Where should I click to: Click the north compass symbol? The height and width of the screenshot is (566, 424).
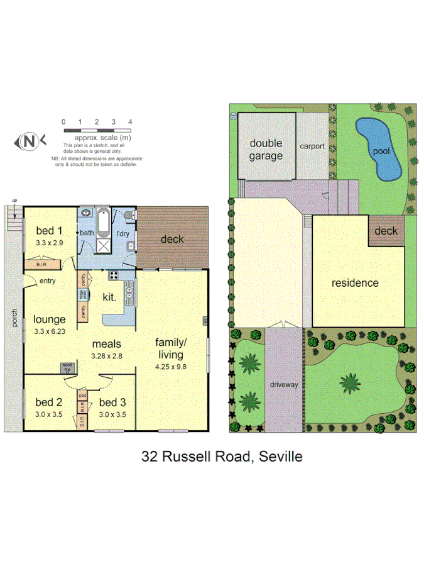coord(29,141)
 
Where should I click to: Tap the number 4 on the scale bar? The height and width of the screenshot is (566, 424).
coord(130,121)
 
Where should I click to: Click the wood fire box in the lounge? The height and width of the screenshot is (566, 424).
coord(67,366)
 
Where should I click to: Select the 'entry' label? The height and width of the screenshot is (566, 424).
coord(47,281)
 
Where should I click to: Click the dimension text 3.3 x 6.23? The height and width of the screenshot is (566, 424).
coord(50,331)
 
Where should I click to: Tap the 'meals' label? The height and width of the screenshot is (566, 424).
coord(106,344)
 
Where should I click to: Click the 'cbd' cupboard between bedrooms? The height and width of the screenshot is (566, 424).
coord(82,395)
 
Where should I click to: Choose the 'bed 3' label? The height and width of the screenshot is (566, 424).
coord(113,402)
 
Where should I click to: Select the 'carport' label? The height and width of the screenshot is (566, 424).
coord(312,146)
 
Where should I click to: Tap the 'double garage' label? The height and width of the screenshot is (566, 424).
coord(266,150)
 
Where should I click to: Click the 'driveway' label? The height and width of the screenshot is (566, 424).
coord(283,384)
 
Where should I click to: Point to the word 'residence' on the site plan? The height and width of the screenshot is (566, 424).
coord(355,283)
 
